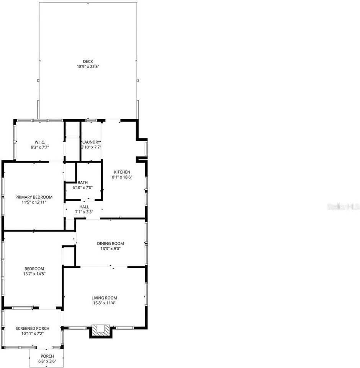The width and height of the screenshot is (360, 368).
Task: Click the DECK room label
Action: pos(88,61)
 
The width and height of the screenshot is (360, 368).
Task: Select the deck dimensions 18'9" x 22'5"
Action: pos(88,66)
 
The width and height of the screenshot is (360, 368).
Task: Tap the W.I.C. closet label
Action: pos(40,142)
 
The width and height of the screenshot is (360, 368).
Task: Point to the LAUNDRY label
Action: pos(91,142)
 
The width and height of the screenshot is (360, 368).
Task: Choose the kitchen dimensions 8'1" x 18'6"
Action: pos(122,177)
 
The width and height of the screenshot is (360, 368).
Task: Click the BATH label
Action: pos(83,182)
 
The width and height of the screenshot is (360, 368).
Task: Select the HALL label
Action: pos(84,207)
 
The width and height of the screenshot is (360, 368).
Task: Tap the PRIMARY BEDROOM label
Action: pos(34,197)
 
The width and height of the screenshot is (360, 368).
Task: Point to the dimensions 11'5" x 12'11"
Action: pos(34,202)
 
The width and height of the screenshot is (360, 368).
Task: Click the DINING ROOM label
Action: pos(110,243)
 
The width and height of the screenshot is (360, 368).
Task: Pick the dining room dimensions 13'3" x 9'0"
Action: pos(110,248)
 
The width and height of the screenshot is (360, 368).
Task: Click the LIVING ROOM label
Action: pos(104,298)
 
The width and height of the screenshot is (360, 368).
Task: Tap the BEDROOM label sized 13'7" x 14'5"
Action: pos(34,269)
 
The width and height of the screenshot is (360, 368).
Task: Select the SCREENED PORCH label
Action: pos(32,329)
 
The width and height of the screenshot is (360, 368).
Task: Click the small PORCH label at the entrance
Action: pos(47,356)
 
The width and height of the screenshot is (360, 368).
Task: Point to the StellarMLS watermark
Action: pos(343,207)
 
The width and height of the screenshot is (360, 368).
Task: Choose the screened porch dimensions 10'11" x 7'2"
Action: pos(32,333)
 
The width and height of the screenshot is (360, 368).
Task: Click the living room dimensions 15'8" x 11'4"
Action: pos(104,303)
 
